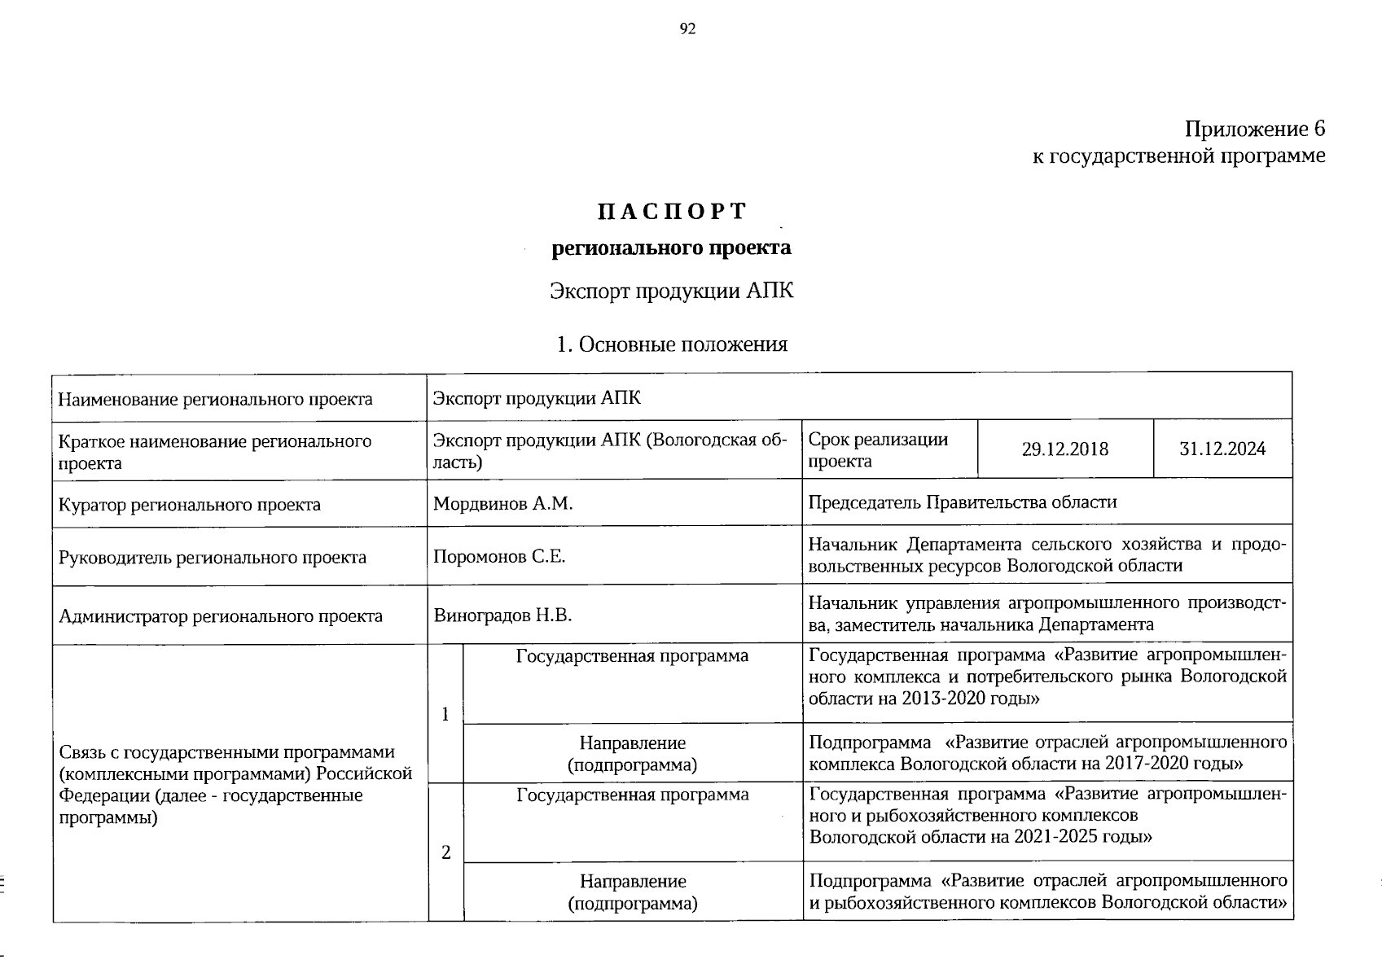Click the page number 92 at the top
(x=687, y=29)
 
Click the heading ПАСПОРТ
(x=672, y=212)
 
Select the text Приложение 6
(x=1254, y=129)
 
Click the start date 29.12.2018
(x=1064, y=449)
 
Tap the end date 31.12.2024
(x=1222, y=449)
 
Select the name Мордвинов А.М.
(x=502, y=504)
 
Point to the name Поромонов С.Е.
(x=498, y=558)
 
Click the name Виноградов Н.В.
(x=502, y=616)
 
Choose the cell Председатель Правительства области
(x=962, y=502)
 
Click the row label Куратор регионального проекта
(x=189, y=505)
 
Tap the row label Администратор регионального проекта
(x=220, y=616)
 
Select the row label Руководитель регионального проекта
(x=212, y=558)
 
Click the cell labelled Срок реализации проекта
(x=877, y=450)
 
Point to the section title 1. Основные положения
(x=672, y=344)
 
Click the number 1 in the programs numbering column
(x=445, y=714)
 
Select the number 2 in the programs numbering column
(x=445, y=852)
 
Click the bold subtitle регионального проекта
(x=671, y=248)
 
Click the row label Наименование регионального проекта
(x=215, y=399)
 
